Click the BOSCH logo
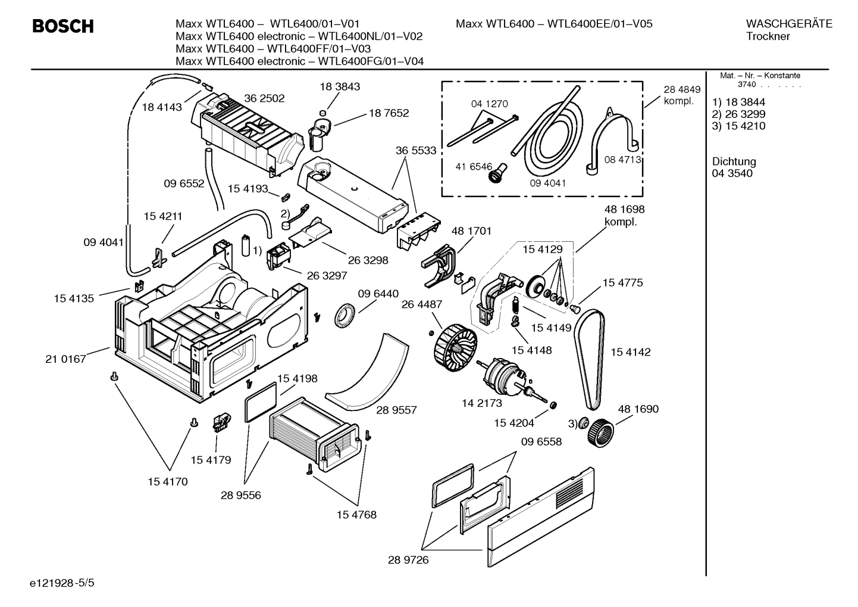coord(62,27)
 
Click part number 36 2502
coord(264,98)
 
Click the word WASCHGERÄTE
coord(788,24)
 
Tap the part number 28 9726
coord(408,560)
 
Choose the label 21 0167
coord(65,359)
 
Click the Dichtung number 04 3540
coord(732,173)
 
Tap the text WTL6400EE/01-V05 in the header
coord(599,24)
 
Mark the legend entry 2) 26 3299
coord(738,114)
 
